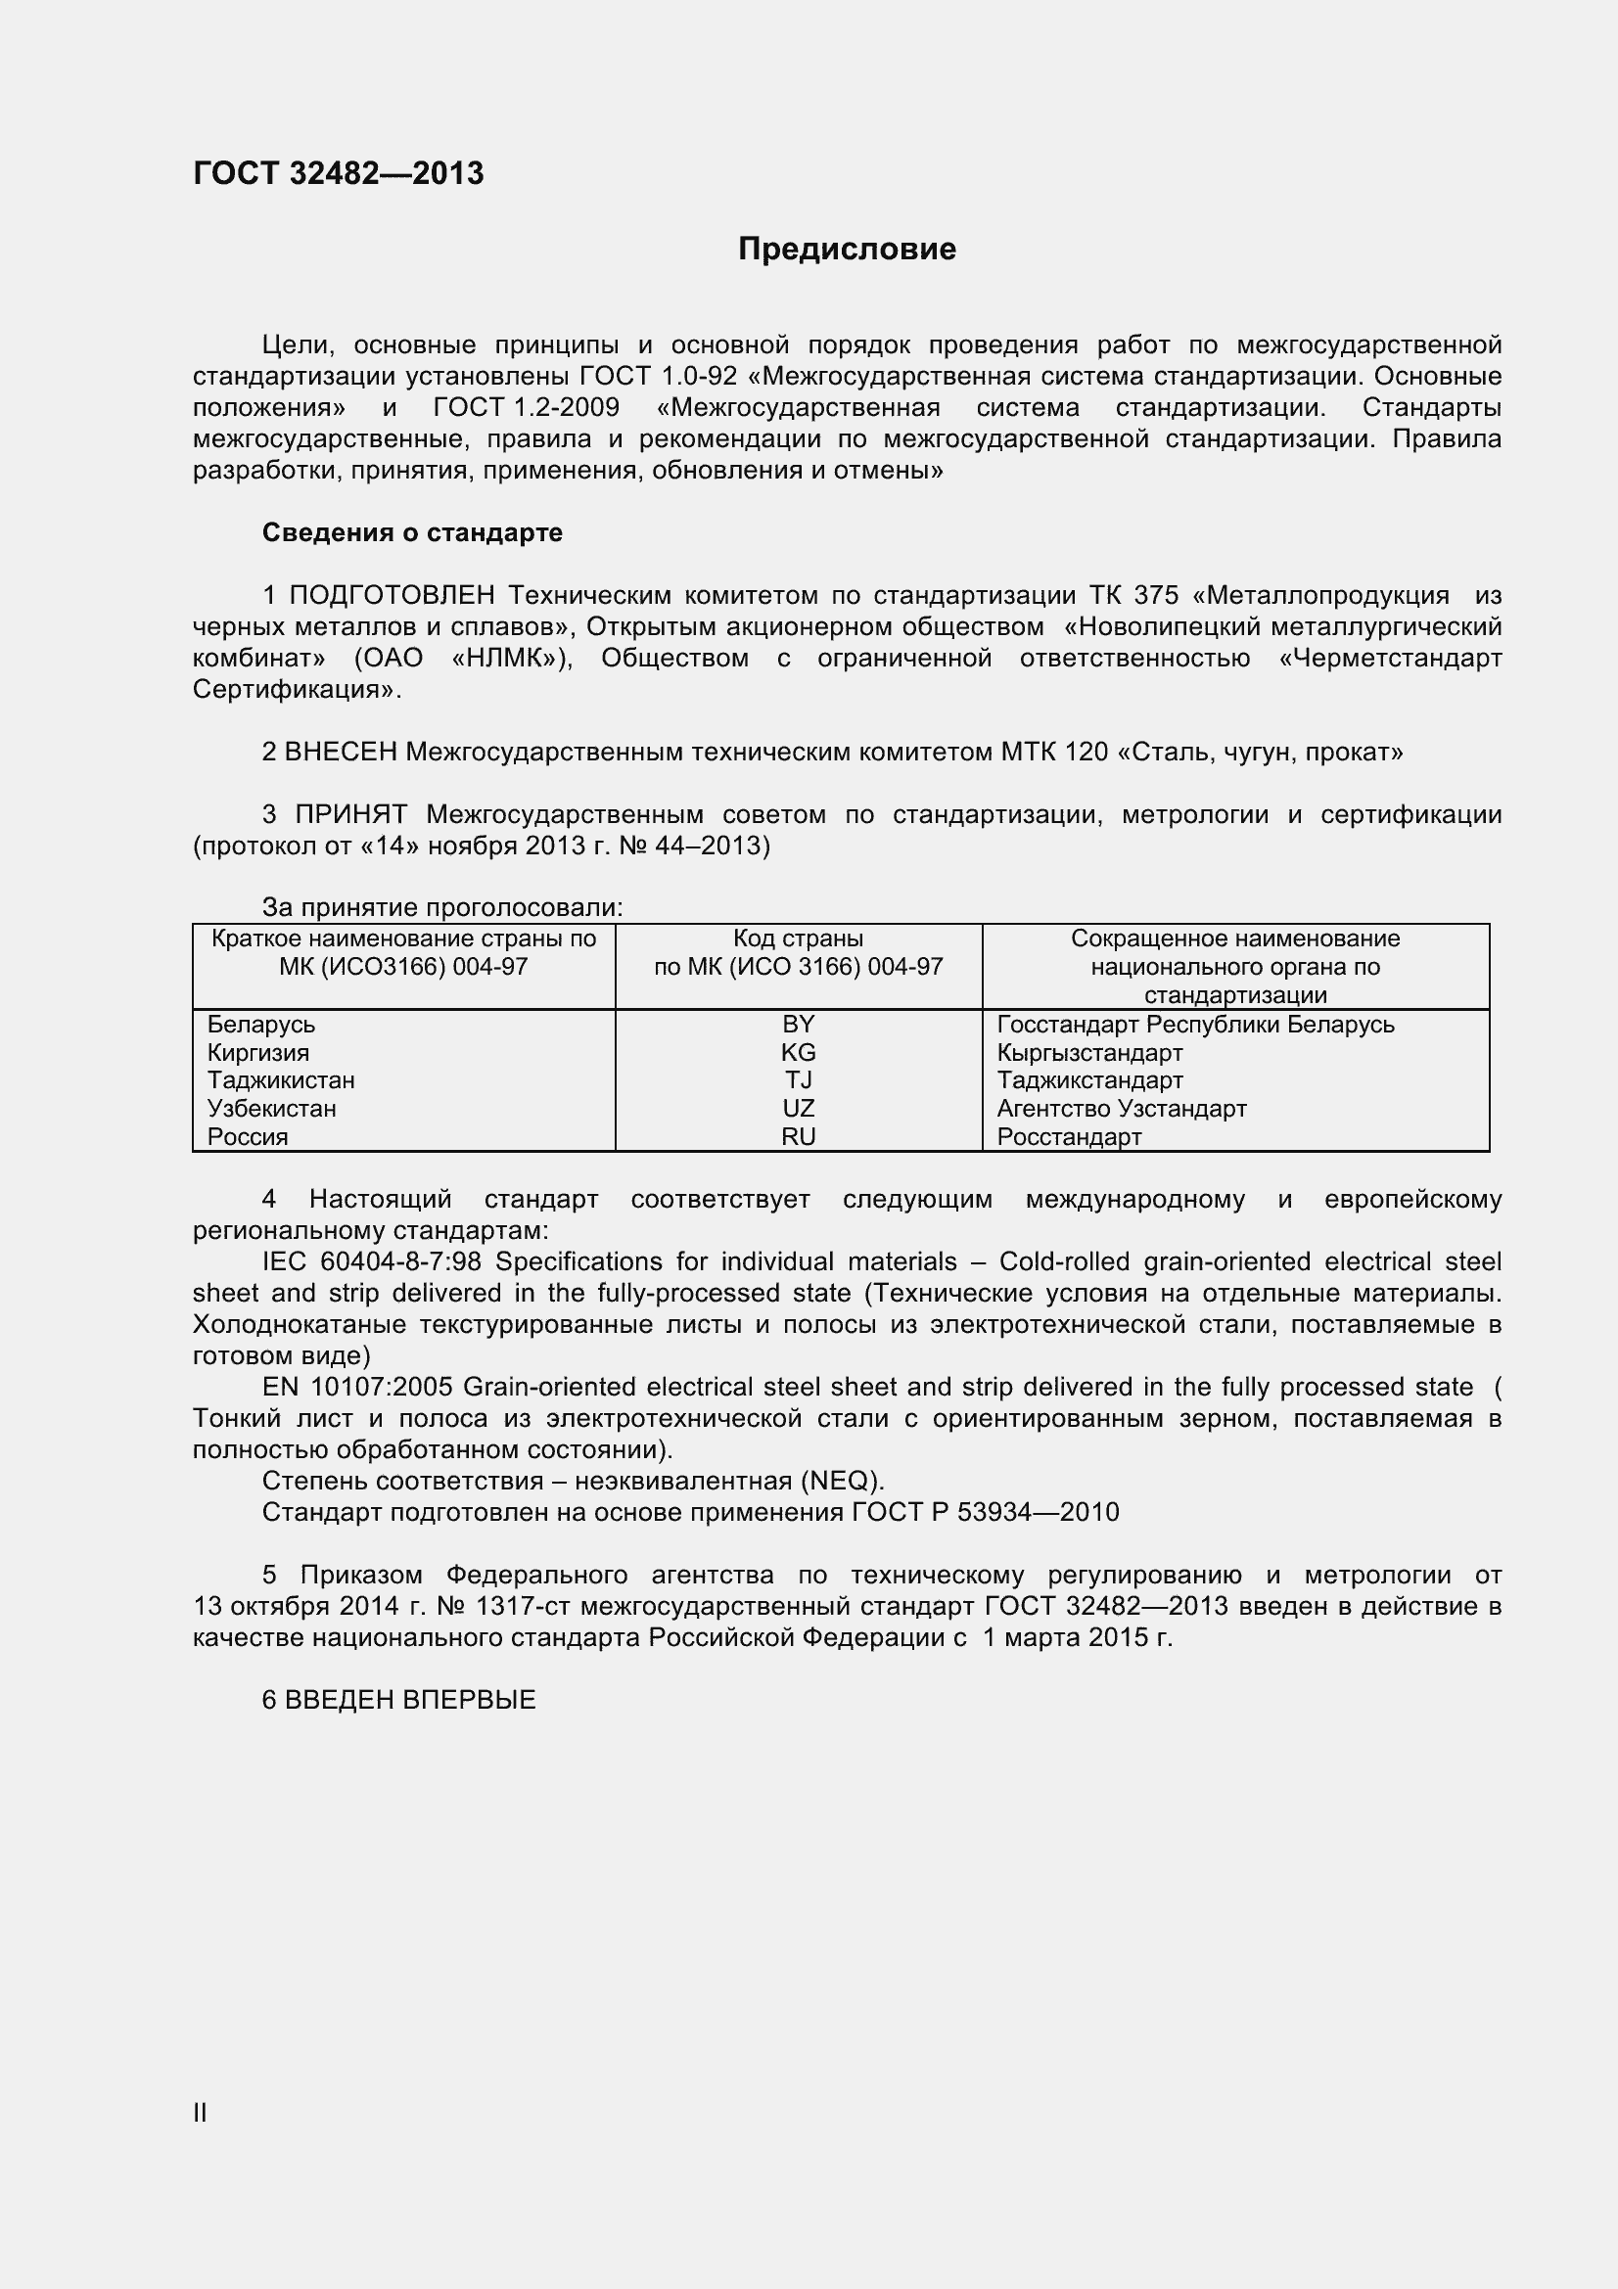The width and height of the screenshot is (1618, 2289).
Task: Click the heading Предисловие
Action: [x=847, y=250]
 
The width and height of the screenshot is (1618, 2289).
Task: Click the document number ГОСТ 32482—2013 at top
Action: [x=338, y=173]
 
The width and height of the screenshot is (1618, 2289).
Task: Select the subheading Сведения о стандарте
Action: [x=412, y=533]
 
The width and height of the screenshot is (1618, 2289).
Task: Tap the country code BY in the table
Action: [x=799, y=1024]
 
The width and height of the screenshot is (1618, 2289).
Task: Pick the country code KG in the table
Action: [x=799, y=1052]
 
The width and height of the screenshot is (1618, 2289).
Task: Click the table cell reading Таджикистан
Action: [x=280, y=1079]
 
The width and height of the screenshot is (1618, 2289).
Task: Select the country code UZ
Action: [x=799, y=1108]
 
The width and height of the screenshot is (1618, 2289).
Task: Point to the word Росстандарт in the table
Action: [x=1069, y=1136]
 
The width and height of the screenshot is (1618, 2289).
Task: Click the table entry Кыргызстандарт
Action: [x=1089, y=1052]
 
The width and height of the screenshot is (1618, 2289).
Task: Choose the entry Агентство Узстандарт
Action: [x=1122, y=1108]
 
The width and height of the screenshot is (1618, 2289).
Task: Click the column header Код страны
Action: [x=799, y=938]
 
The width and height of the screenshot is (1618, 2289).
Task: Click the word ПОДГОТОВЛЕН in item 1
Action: [x=392, y=595]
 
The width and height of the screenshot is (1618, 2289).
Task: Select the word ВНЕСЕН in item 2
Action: [x=341, y=752]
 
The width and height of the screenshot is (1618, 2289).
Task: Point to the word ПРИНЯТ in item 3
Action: [x=351, y=814]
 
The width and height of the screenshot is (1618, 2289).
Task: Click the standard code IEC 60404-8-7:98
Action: [x=372, y=1261]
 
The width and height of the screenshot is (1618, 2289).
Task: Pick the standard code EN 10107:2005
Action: [x=358, y=1387]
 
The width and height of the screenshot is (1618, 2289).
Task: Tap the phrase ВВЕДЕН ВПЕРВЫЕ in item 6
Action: [x=411, y=1700]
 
